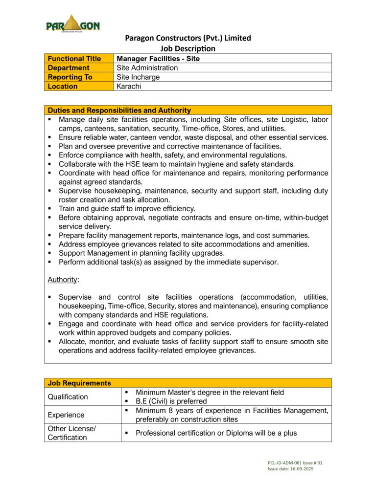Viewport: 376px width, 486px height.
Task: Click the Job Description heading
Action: pyautogui.click(x=188, y=48)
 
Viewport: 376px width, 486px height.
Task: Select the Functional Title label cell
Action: pyautogui.click(x=74, y=59)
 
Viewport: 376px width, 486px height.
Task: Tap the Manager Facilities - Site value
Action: pyautogui.click(x=158, y=59)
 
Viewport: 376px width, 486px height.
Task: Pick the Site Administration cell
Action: pyautogui.click(x=147, y=68)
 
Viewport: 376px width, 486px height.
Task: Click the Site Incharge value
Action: pyautogui.click(x=138, y=77)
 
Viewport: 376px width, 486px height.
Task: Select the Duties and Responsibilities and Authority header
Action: pyautogui.click(x=119, y=110)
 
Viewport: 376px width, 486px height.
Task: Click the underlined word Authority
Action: pyautogui.click(x=62, y=280)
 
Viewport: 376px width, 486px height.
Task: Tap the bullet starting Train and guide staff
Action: pyautogui.click(x=127, y=208)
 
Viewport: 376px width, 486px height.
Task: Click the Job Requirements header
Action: pyautogui.click(x=79, y=383)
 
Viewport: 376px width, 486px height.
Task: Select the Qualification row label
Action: pyautogui.click(x=68, y=397)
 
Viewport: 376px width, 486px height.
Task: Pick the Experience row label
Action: pyautogui.click(x=66, y=415)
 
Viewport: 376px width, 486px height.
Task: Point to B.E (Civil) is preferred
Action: pyautogui.click(x=171, y=401)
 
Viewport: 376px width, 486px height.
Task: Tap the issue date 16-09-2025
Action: pyautogui.click(x=298, y=468)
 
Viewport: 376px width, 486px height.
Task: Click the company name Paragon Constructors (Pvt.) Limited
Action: pyautogui.click(x=188, y=38)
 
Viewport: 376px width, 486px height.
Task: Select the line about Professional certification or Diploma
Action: pyautogui.click(x=216, y=433)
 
